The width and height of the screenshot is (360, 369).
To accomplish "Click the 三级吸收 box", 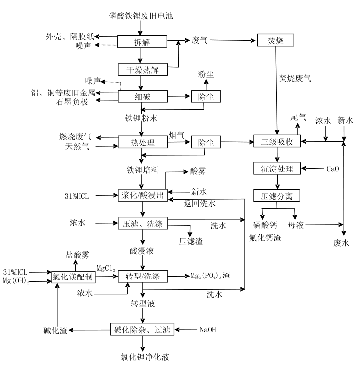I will [x=277, y=142].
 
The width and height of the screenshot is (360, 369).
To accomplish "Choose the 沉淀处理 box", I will [x=277, y=169].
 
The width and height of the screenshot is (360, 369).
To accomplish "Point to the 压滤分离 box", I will [x=277, y=196].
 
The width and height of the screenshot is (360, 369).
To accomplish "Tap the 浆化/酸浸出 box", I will [x=143, y=195].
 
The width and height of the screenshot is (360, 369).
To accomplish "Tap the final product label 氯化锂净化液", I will [x=144, y=356].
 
